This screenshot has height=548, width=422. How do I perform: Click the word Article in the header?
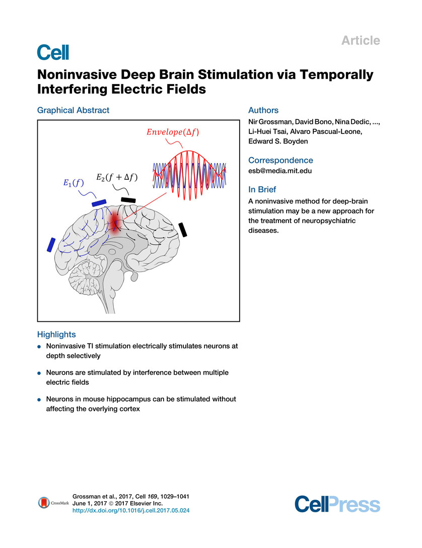click(361, 40)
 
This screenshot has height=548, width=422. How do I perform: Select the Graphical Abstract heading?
click(73, 110)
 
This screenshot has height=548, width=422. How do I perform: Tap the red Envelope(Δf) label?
click(173, 132)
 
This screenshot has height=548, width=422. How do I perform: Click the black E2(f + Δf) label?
click(117, 178)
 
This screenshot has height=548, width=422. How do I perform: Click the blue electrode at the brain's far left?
click(51, 244)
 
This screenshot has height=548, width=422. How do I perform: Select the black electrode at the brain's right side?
click(183, 229)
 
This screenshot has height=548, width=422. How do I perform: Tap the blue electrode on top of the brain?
click(99, 202)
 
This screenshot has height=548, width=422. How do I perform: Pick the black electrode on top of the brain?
click(128, 199)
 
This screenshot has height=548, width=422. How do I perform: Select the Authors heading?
click(263, 110)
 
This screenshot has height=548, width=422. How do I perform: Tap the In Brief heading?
click(262, 189)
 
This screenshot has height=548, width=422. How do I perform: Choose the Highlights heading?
click(56, 334)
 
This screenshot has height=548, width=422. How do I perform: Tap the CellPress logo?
click(337, 504)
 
